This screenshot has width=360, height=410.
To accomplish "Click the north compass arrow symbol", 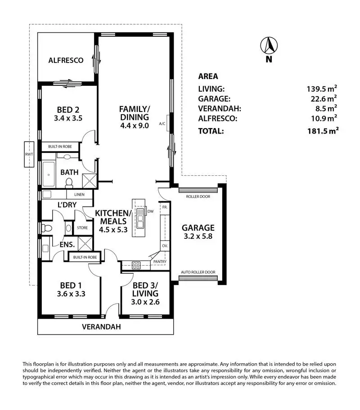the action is coord(269,45).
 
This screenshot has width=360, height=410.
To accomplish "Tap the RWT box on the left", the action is coord(30,155).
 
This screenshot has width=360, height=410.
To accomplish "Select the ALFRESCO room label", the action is coord(66,60).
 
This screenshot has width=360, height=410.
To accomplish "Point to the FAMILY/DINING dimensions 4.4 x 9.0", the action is coord(134,125).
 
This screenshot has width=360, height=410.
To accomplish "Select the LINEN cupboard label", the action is coord(80,195).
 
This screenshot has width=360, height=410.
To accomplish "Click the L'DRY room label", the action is coord(67,205).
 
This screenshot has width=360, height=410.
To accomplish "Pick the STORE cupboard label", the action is coord(82,228).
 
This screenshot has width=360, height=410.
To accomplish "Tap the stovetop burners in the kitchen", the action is coord(136,264).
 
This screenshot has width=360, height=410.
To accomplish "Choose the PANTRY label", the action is coord(160,261).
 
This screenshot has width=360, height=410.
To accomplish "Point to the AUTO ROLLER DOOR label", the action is coord(198,272).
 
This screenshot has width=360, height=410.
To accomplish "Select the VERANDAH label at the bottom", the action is coord(101,327).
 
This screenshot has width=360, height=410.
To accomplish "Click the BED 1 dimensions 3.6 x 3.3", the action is coord(69,294).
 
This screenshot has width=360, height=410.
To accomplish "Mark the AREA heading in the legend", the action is coord(208,76).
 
